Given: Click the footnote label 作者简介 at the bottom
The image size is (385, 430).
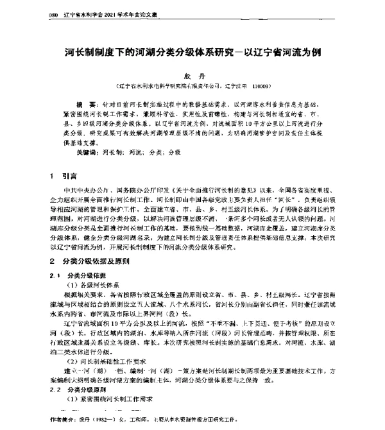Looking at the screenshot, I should (x=65, y=422).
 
